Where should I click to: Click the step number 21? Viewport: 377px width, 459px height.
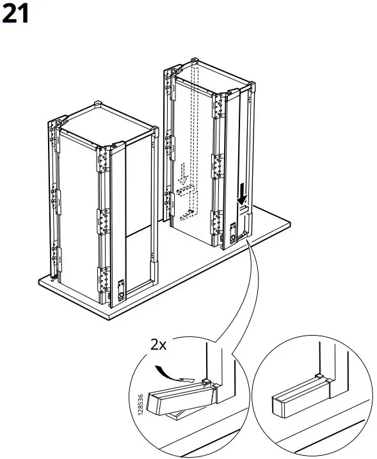tap(17, 13)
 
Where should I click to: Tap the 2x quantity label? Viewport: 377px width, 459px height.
tap(159, 345)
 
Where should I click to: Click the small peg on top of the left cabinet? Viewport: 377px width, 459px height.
tap(97, 102)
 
